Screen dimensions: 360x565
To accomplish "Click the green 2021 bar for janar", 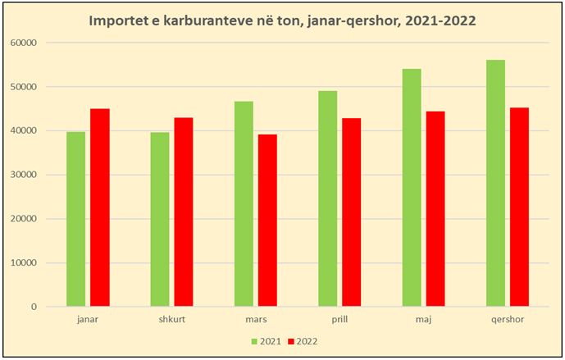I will click(75, 219).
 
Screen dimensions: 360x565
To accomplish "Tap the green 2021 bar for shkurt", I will click(160, 219).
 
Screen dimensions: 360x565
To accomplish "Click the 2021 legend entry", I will click(267, 340).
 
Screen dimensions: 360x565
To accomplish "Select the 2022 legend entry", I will click(303, 340).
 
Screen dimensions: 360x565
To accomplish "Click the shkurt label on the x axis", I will click(172, 319).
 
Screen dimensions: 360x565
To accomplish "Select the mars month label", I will click(256, 319).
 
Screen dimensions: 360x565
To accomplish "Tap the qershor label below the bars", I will click(508, 319).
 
